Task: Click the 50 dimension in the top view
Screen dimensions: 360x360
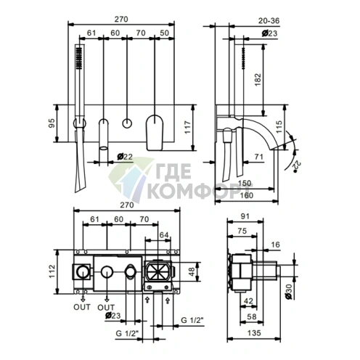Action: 164,33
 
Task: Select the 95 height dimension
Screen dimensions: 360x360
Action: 52,123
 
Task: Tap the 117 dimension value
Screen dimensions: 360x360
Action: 188,127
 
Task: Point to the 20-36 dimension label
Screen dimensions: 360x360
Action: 269,21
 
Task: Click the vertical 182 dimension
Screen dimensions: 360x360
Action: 258,80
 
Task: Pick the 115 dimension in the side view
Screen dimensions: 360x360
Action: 279,127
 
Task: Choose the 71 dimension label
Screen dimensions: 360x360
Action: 259,157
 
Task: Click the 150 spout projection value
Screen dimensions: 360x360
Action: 245,183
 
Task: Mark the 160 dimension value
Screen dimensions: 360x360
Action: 246,195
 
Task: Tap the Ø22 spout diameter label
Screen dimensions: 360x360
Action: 125,157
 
